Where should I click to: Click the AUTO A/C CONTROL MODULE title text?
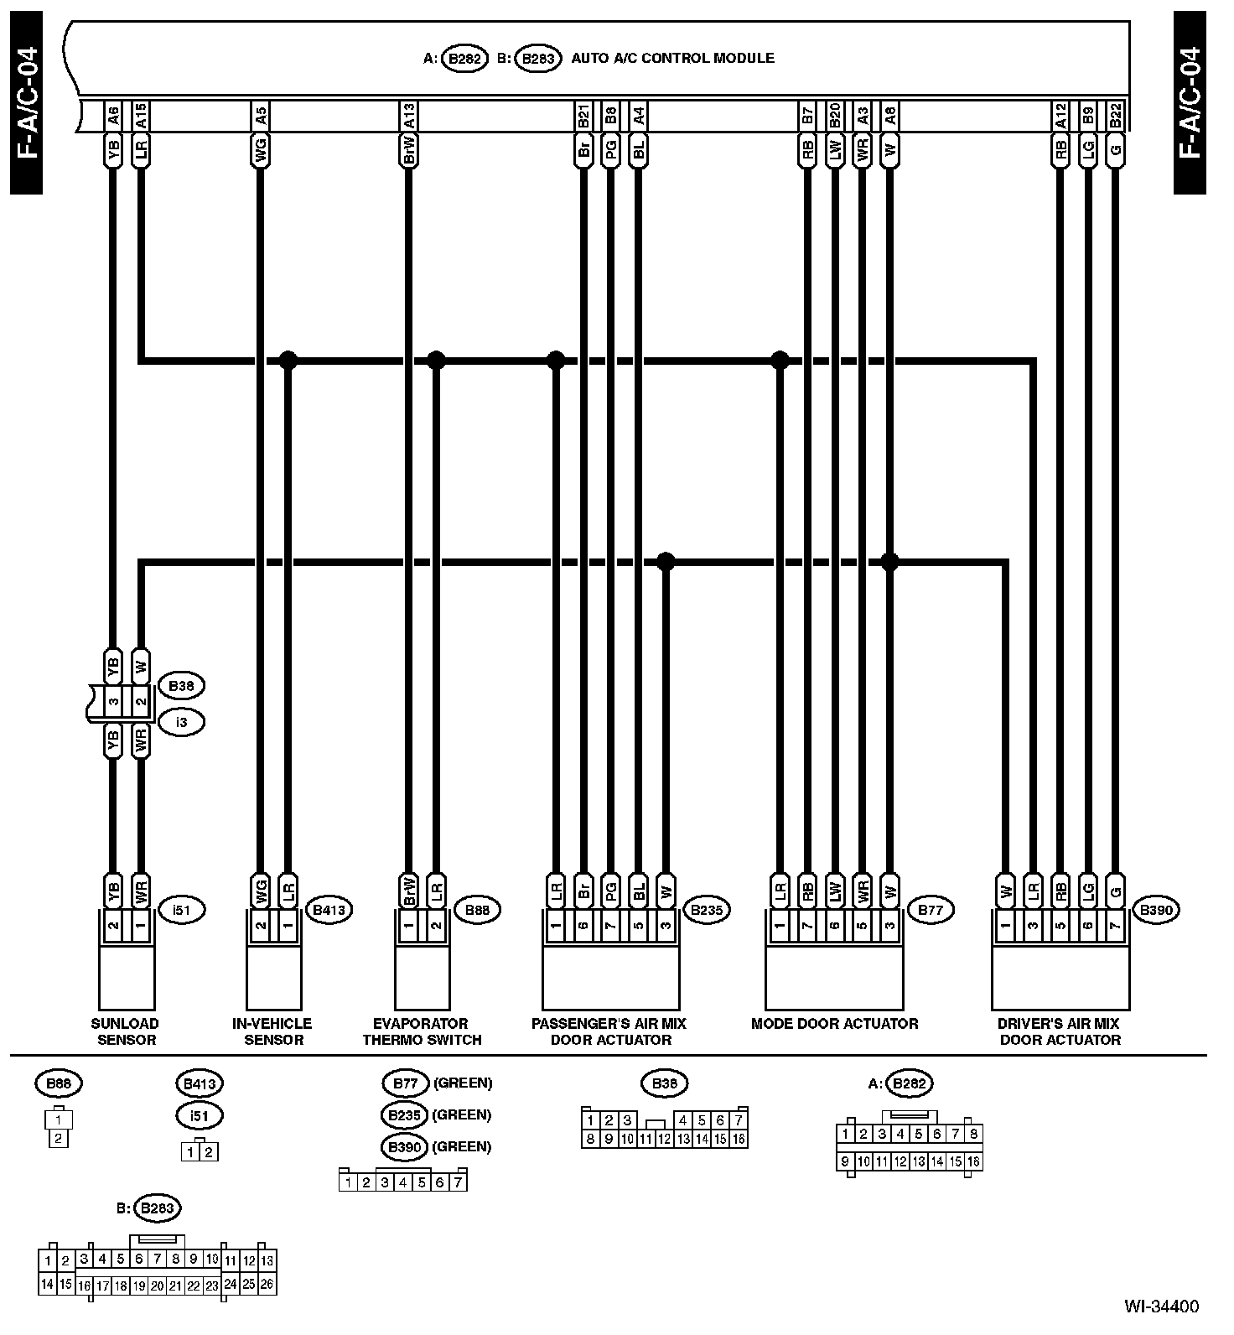click(672, 59)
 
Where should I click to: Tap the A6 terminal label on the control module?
click(113, 116)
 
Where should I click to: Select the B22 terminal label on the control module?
click(1114, 116)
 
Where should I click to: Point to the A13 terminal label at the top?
click(408, 116)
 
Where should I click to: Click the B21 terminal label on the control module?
click(583, 116)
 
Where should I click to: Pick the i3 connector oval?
click(181, 721)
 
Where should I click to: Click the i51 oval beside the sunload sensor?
click(181, 909)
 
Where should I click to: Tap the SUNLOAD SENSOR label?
click(125, 1031)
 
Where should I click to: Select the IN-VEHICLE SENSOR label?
click(273, 1031)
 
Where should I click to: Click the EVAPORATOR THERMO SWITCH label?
click(422, 1031)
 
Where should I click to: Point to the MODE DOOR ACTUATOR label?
click(834, 1023)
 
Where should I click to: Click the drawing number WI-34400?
click(1161, 1306)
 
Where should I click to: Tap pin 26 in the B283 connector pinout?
click(267, 1284)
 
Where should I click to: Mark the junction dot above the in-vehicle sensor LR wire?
click(288, 361)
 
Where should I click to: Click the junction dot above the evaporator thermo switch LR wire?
click(436, 361)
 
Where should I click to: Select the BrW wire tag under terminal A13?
click(408, 152)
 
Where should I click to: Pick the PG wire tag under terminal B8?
click(611, 152)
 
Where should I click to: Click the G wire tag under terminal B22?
click(1114, 152)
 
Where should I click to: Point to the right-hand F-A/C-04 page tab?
click(1190, 102)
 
